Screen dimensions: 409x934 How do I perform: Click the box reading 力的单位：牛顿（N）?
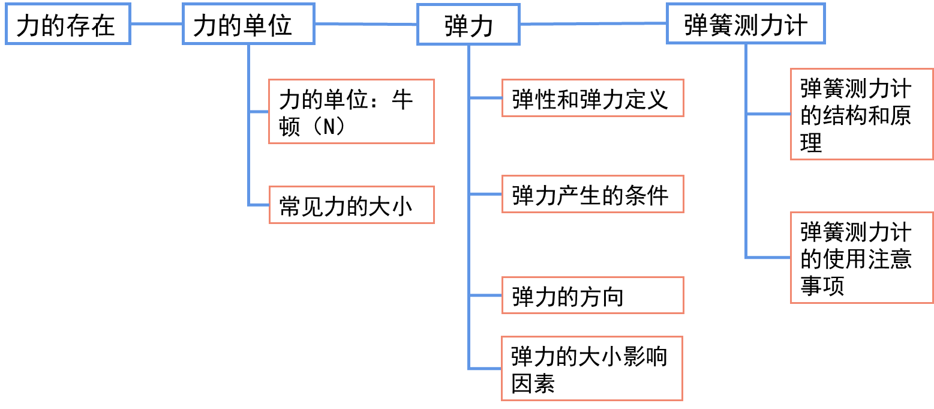(351, 111)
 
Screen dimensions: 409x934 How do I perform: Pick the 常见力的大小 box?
(351, 205)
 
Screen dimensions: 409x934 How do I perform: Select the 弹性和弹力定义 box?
(593, 98)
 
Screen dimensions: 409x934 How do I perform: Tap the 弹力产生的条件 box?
(593, 194)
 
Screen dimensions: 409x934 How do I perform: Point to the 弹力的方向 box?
(593, 295)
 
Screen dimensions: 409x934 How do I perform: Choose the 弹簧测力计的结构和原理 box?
(861, 114)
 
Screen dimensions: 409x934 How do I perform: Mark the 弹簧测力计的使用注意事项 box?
(861, 258)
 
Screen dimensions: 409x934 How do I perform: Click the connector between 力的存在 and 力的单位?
(157, 25)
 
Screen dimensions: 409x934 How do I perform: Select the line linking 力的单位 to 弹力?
(366, 24)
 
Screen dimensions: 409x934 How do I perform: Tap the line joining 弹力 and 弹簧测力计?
(594, 24)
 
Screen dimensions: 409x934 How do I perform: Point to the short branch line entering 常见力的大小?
(259, 205)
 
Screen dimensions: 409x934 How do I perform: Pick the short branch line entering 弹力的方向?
(485, 295)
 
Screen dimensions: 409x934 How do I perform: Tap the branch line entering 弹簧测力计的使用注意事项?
(768, 258)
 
